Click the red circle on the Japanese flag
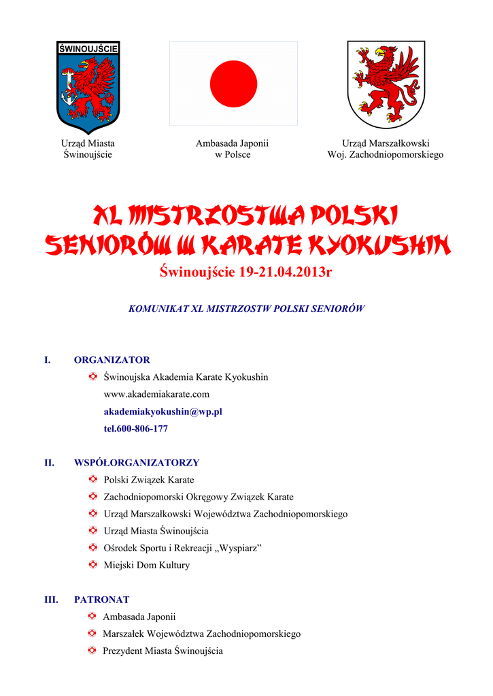[x=233, y=84]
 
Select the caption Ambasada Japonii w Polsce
[x=233, y=149]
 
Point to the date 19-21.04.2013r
[x=286, y=273]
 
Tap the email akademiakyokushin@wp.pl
[x=163, y=411]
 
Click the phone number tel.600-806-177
[x=135, y=429]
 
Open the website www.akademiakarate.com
[x=156, y=394]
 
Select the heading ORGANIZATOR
[x=112, y=360]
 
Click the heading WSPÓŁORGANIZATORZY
[x=136, y=462]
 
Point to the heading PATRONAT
[x=101, y=599]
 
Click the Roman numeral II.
[x=49, y=462]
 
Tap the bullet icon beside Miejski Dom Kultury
[x=93, y=565]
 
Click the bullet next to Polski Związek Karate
[x=93, y=479]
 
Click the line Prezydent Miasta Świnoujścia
[x=163, y=650]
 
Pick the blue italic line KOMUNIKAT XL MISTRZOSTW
[x=246, y=308]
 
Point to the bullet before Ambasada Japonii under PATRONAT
[x=92, y=616]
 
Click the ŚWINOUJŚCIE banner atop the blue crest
[x=88, y=48]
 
